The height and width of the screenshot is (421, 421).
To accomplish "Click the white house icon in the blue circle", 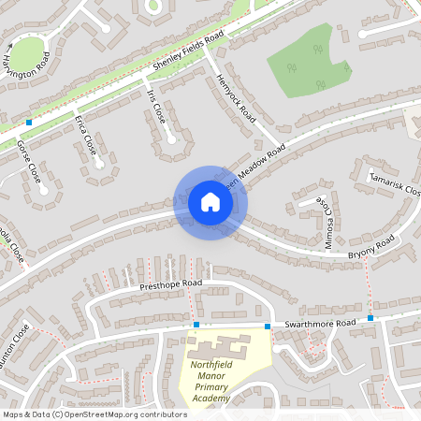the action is [x=210, y=202].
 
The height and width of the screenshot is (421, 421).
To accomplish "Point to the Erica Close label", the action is [x=85, y=134].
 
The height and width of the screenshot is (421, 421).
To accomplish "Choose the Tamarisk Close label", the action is [x=395, y=183].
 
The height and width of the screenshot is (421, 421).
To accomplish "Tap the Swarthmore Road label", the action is [x=321, y=323].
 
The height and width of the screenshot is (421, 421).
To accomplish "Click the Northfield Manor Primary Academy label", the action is [x=225, y=374].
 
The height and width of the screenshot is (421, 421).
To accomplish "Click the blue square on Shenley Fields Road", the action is [x=30, y=122].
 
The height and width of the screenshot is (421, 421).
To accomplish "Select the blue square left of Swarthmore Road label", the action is [x=268, y=326].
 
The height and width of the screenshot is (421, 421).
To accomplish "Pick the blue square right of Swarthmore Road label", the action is [x=370, y=318].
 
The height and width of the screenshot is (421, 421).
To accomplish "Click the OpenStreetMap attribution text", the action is [x=94, y=414].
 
